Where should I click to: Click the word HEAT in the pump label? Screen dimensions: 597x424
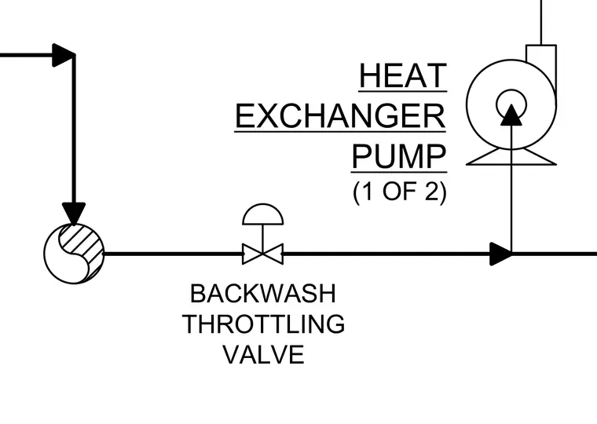click(x=403, y=75)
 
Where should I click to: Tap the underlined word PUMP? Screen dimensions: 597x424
click(x=398, y=156)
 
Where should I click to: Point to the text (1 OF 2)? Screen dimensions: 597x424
click(x=399, y=192)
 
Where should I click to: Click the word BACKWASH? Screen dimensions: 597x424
click(x=263, y=294)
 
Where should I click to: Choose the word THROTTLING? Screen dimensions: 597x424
click(x=263, y=324)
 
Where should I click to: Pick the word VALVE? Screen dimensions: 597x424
click(x=263, y=354)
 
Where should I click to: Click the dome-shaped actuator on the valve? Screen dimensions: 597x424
click(x=262, y=214)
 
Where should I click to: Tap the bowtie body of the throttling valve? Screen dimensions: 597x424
click(x=262, y=254)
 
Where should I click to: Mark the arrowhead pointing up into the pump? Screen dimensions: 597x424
click(x=511, y=115)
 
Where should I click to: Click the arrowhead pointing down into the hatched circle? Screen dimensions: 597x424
click(x=74, y=213)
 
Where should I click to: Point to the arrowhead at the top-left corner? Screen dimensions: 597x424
click(x=63, y=55)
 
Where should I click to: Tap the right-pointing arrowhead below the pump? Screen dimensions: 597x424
click(x=500, y=254)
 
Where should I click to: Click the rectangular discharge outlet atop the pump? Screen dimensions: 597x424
click(x=541, y=61)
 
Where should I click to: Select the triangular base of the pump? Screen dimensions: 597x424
click(x=511, y=157)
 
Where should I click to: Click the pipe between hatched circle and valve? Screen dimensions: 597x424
click(x=174, y=254)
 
